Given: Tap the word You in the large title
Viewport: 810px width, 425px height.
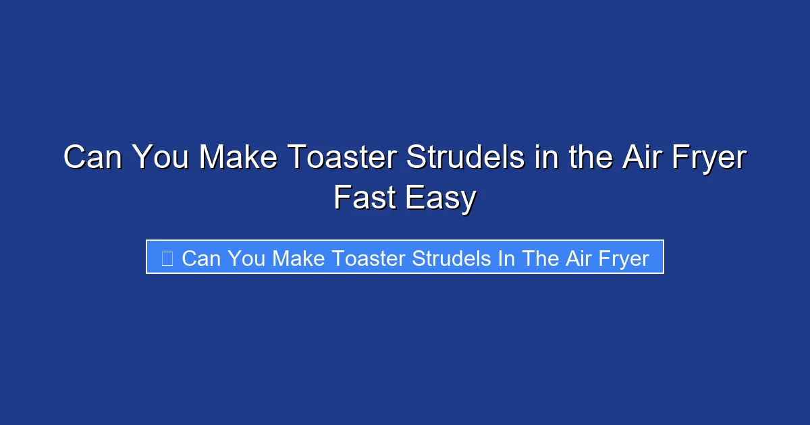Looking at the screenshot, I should (x=161, y=159).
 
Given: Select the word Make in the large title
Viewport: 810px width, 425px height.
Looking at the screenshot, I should (x=238, y=159).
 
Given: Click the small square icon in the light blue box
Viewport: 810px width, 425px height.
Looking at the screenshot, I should (x=167, y=258).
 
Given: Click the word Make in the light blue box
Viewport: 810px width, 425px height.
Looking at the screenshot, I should (x=300, y=258).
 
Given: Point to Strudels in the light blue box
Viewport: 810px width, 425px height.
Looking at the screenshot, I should (x=452, y=258).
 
